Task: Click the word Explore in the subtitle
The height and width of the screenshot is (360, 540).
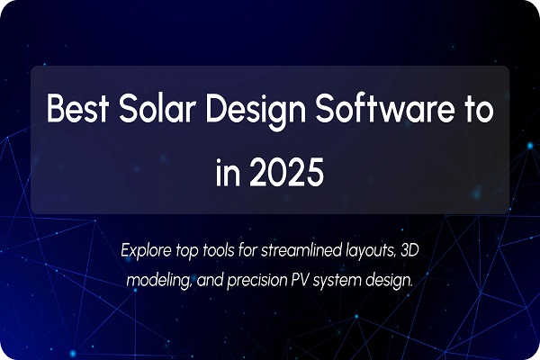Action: click(147, 247)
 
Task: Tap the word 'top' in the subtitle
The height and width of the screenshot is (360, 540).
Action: click(194, 248)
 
